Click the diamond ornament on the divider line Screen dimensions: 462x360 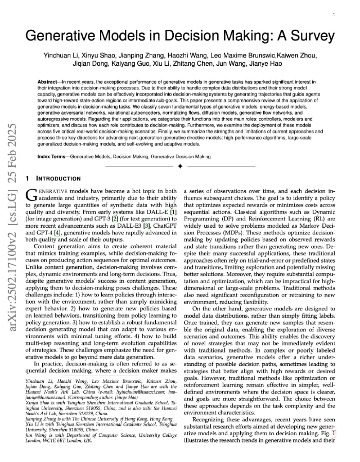point(179,167)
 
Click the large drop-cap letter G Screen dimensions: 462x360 point(31,195)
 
